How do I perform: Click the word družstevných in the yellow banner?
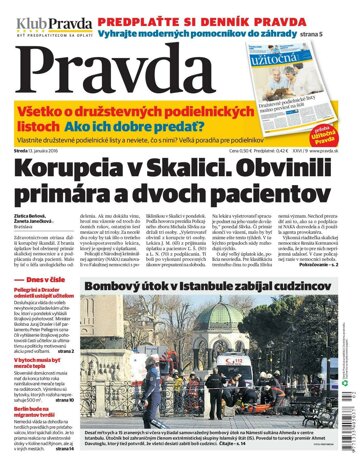tap(130, 116)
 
